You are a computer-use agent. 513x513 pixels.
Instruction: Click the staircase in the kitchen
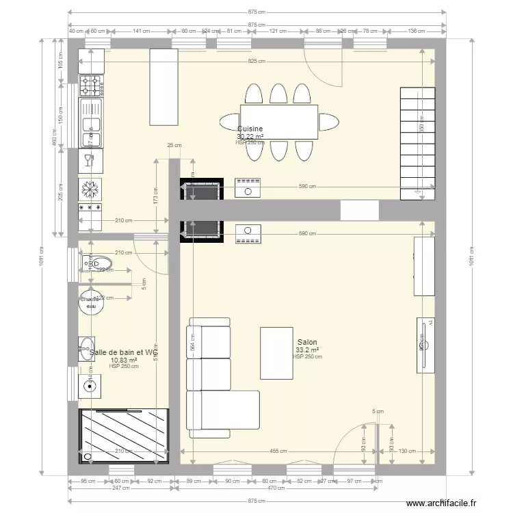point(417,144)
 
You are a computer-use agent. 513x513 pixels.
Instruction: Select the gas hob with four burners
point(91,85)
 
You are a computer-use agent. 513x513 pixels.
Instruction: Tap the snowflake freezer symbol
point(91,187)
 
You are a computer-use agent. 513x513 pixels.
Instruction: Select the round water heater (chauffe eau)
point(90,302)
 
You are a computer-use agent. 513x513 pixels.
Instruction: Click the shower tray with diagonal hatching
point(124,436)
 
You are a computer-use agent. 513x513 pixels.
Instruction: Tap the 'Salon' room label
point(307,343)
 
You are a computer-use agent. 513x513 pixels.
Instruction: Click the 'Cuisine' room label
point(250,129)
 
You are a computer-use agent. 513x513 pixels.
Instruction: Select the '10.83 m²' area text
point(124,360)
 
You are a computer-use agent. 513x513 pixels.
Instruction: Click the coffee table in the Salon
point(276,353)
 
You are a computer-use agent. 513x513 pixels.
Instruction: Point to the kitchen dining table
point(279,122)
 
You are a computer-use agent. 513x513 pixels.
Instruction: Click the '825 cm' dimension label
point(257,62)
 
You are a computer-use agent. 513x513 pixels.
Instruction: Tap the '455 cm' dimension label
point(278,451)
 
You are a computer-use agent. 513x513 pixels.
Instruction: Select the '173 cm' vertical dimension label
point(155,197)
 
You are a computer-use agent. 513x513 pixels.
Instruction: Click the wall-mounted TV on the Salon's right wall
point(424,345)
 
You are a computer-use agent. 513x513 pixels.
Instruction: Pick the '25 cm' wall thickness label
point(174,145)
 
